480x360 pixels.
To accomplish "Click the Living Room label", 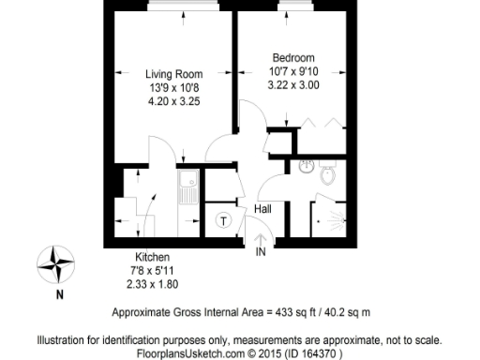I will (173, 74).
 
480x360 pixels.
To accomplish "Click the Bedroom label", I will (294, 55).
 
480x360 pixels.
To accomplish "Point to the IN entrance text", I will (262, 251).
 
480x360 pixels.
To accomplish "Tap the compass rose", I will (60, 262).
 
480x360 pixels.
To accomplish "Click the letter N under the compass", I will (60, 294).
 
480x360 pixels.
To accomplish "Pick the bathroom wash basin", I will (306, 167).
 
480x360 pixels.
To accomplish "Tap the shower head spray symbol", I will (339, 207).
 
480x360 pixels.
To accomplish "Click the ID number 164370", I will (322, 353).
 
